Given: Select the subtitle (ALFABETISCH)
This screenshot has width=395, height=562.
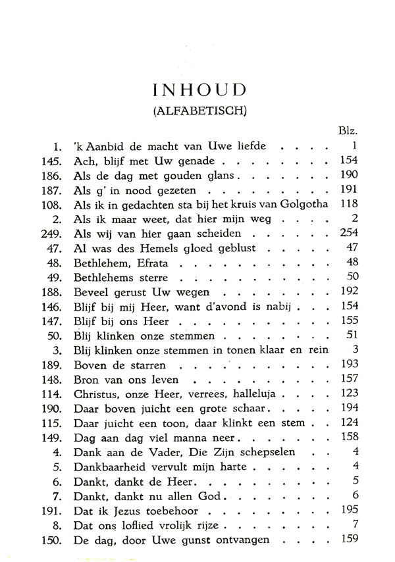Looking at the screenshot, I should (x=199, y=111).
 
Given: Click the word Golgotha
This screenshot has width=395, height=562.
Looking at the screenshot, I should (x=299, y=205).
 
